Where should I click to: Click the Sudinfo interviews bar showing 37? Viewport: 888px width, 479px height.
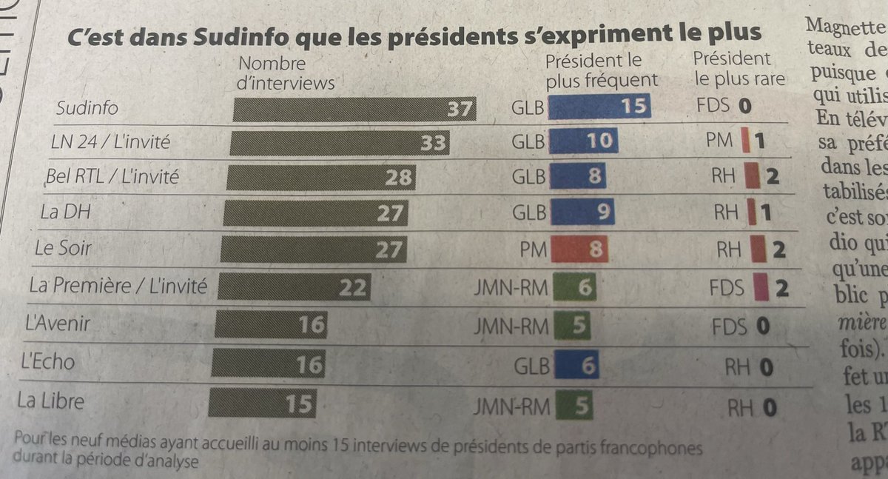tap(354, 110)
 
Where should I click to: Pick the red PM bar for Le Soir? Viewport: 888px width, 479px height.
tap(579, 249)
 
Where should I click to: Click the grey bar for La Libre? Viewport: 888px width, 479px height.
tap(262, 404)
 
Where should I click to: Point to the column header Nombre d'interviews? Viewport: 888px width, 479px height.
tap(285, 73)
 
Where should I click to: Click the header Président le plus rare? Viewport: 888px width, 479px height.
tap(739, 68)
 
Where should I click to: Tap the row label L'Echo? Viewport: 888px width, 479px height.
tap(49, 362)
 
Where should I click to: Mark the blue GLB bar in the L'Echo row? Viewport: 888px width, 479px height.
tap(576, 365)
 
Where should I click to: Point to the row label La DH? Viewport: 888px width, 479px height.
tap(61, 212)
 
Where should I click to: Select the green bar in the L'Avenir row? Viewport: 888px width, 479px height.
tap(572, 326)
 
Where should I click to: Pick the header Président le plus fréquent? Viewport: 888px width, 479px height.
tap(601, 70)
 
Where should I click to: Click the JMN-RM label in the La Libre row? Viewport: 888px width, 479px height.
tap(511, 406)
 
